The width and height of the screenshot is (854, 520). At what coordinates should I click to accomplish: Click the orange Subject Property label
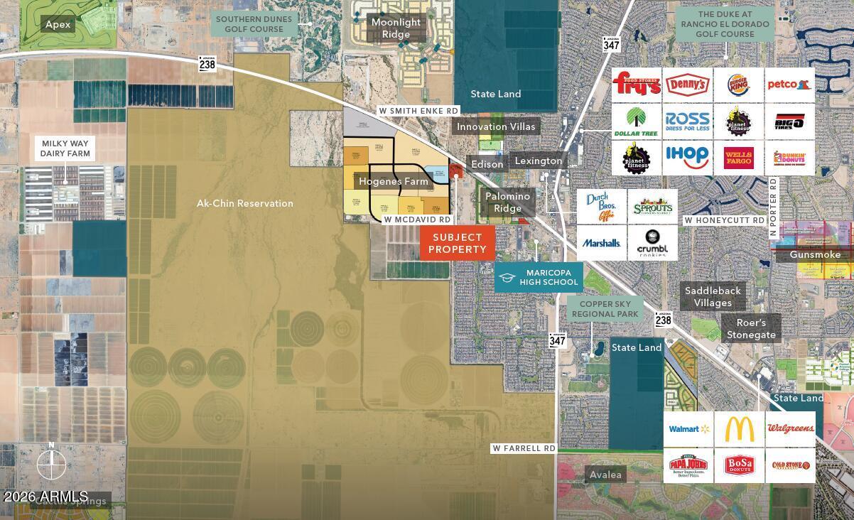pyautogui.click(x=457, y=244)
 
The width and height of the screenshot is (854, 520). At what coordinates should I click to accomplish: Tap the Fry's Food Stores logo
pyautogui.click(x=637, y=85)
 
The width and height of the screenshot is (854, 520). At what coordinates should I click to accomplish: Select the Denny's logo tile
pyautogui.click(x=687, y=85)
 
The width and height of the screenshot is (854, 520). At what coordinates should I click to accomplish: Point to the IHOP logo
pyautogui.click(x=687, y=157)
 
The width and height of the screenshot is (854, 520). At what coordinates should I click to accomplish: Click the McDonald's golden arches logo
pyautogui.click(x=739, y=429)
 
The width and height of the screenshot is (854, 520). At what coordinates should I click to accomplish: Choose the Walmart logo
pyautogui.click(x=688, y=429)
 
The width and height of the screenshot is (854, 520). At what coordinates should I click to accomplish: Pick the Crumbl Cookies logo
pyautogui.click(x=652, y=243)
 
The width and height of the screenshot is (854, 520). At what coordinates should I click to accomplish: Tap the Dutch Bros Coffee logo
pyautogui.click(x=601, y=206)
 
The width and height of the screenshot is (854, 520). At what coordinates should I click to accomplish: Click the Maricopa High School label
pyautogui.click(x=539, y=278)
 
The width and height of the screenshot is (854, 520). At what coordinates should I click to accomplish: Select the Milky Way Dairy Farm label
pyautogui.click(x=65, y=148)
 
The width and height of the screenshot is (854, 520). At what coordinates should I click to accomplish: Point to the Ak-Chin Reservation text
pyautogui.click(x=245, y=203)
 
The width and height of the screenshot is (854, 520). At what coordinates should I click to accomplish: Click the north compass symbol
pyautogui.click(x=51, y=465)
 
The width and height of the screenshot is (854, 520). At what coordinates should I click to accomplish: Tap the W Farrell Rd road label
pyautogui.click(x=524, y=448)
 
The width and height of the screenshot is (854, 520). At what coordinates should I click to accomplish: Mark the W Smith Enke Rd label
pyautogui.click(x=418, y=111)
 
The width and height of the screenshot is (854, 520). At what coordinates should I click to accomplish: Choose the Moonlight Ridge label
pyautogui.click(x=396, y=28)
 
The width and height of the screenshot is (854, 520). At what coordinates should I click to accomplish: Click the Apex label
pyautogui.click(x=58, y=24)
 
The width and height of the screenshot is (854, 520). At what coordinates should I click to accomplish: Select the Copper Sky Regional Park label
pyautogui.click(x=605, y=309)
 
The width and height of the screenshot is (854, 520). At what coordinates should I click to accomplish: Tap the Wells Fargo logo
pyautogui.click(x=739, y=157)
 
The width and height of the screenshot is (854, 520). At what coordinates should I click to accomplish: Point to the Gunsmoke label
pyautogui.click(x=815, y=254)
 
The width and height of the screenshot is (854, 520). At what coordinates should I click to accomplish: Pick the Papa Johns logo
pyautogui.click(x=688, y=466)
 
